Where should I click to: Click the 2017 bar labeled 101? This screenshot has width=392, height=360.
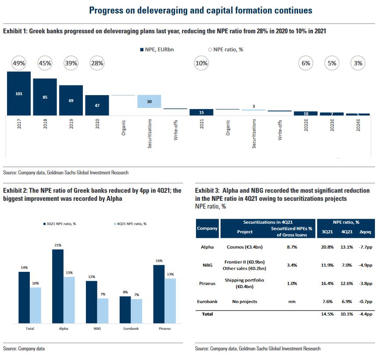(18, 93)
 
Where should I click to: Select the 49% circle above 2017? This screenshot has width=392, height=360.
(18, 63)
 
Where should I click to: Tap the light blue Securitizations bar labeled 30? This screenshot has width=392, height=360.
(149, 101)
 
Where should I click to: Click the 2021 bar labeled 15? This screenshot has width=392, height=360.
(201, 112)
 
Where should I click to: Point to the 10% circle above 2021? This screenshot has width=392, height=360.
(201, 63)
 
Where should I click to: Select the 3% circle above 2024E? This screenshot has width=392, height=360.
(358, 63)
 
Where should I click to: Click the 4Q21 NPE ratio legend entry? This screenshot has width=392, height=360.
(131, 224)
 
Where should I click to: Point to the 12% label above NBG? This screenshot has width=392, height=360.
(91, 277)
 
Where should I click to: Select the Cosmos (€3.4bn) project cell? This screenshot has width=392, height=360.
(245, 247)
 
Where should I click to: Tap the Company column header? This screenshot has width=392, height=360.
(207, 228)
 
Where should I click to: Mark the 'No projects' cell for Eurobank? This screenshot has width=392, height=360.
(245, 302)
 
